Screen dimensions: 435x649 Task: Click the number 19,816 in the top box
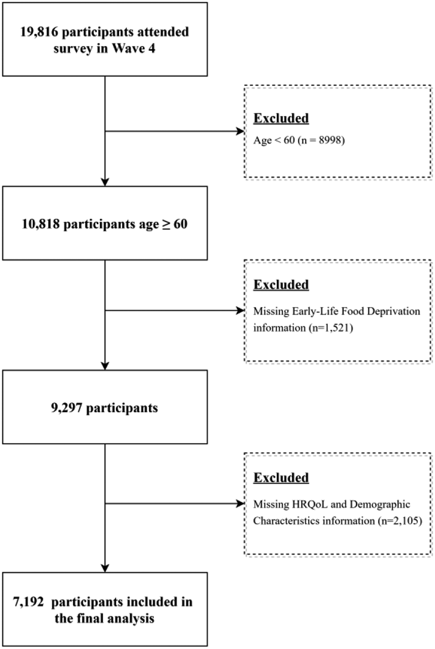[x=39, y=32]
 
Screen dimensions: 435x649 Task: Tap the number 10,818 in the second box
[x=41, y=224]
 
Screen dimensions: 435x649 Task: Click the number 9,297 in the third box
[x=67, y=408]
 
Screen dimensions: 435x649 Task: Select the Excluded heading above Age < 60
[x=281, y=118]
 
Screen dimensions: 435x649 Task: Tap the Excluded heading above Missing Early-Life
[x=281, y=285]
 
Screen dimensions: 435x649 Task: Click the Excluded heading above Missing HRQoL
[x=281, y=478]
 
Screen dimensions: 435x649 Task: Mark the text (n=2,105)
[x=399, y=521]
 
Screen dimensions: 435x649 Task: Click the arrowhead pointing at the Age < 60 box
[x=241, y=131]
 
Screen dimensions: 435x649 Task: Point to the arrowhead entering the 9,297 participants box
[x=105, y=366]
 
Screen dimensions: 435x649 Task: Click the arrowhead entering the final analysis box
[x=105, y=568]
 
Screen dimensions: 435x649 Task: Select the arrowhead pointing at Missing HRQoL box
[x=241, y=503]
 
